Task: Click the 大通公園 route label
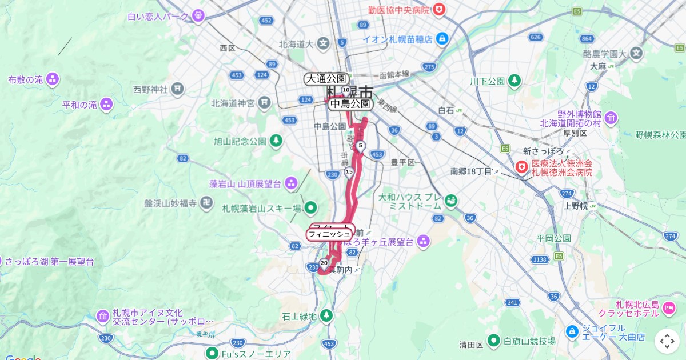(326, 79)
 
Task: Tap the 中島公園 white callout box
(350, 104)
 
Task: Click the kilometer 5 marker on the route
(360, 146)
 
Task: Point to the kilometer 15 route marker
(349, 171)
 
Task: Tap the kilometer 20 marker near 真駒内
(324, 263)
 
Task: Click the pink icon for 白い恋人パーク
(198, 16)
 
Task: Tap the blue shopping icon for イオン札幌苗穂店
(441, 39)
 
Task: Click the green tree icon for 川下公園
(514, 81)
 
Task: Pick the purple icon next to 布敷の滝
(53, 79)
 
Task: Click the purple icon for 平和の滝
(106, 105)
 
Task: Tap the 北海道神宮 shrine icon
(264, 103)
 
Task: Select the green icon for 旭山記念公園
(276, 140)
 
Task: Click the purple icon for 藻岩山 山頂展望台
(291, 183)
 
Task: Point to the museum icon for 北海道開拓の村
(611, 118)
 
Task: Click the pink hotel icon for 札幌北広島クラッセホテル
(668, 309)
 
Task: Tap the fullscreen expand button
(667, 341)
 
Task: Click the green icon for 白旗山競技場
(494, 341)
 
